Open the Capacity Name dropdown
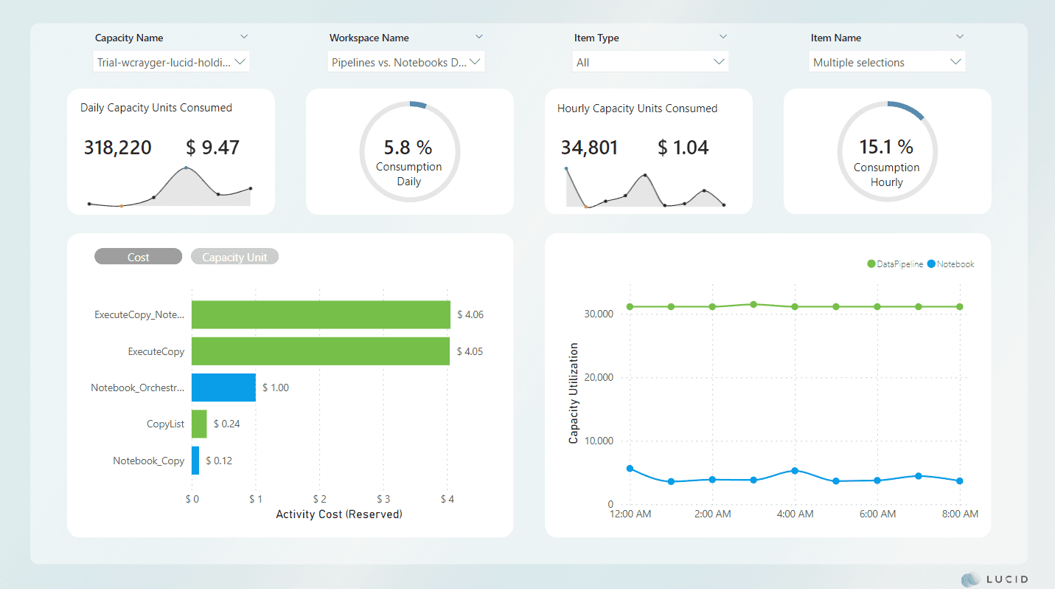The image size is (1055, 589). pos(172,63)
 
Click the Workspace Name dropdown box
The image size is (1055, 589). pos(405,63)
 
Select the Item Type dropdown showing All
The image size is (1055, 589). pos(650,63)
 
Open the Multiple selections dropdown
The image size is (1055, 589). pos(886,63)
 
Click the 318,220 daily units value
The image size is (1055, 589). pos(117,148)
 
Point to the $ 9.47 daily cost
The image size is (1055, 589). pos(212,148)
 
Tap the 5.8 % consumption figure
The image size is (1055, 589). pos(408,147)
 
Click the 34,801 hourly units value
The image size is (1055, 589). pos(589,148)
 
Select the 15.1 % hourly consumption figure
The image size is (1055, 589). pos(886,147)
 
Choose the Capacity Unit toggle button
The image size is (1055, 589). pos(234,257)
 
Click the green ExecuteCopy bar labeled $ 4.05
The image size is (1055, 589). pos(320,351)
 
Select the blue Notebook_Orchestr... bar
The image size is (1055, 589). pos(223,387)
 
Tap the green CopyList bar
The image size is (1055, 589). pos(199,424)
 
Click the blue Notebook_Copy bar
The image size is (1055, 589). pos(195,461)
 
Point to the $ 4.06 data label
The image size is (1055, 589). pos(470,314)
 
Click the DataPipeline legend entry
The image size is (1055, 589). pos(895,264)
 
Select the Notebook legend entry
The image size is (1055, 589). pos(951,264)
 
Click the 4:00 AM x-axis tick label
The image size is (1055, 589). pos(795,514)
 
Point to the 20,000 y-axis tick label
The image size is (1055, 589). pos(597,378)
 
